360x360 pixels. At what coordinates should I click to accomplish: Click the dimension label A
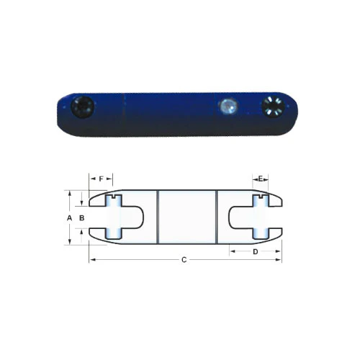(x=69, y=218)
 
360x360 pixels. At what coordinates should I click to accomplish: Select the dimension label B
(x=82, y=218)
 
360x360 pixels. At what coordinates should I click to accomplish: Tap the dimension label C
(x=184, y=260)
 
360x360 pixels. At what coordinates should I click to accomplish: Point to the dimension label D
(x=256, y=251)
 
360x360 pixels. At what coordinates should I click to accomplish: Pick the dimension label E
(x=261, y=179)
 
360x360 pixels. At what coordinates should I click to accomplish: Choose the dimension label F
(x=101, y=179)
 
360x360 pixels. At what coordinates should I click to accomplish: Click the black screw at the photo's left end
(x=83, y=107)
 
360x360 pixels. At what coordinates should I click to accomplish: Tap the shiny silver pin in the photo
(x=228, y=106)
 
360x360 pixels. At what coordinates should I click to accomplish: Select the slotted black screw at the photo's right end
(x=273, y=107)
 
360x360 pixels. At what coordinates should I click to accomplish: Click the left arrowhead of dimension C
(x=92, y=260)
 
